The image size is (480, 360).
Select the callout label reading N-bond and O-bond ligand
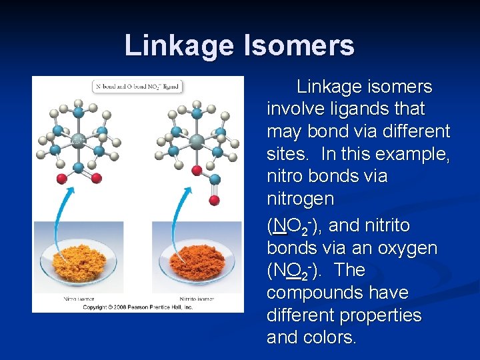[x=137, y=86]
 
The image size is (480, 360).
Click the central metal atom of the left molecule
[x=78, y=140]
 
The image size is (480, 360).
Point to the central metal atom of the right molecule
[x=197, y=141]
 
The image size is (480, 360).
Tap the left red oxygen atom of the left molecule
[x=61, y=178]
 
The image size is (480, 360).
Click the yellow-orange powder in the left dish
[x=77, y=264]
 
